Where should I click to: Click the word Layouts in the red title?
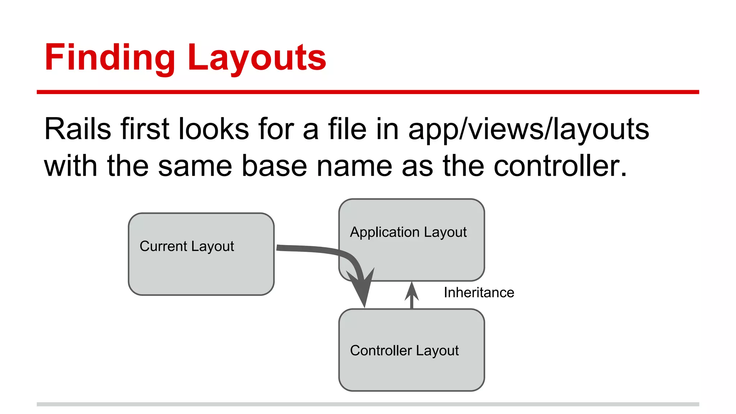(257, 57)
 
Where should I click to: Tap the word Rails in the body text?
(77, 129)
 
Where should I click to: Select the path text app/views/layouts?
(528, 129)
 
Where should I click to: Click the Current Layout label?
(187, 247)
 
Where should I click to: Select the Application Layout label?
(408, 233)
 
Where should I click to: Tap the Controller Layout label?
(404, 351)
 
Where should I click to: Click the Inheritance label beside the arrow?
(479, 293)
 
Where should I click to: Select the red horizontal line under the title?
(368, 92)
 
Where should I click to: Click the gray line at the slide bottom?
(368, 404)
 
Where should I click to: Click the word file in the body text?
(347, 129)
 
